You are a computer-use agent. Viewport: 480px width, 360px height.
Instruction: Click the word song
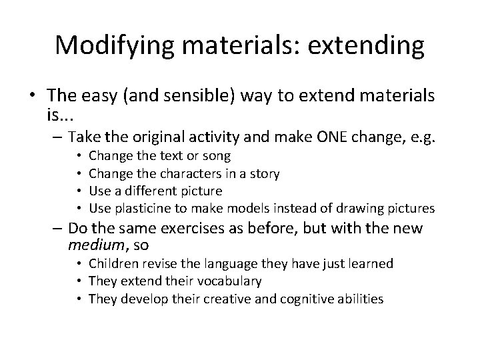point(216,157)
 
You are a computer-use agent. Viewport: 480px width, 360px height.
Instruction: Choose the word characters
point(188,174)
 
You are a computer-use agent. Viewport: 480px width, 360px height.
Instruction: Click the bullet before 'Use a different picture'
point(79,191)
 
